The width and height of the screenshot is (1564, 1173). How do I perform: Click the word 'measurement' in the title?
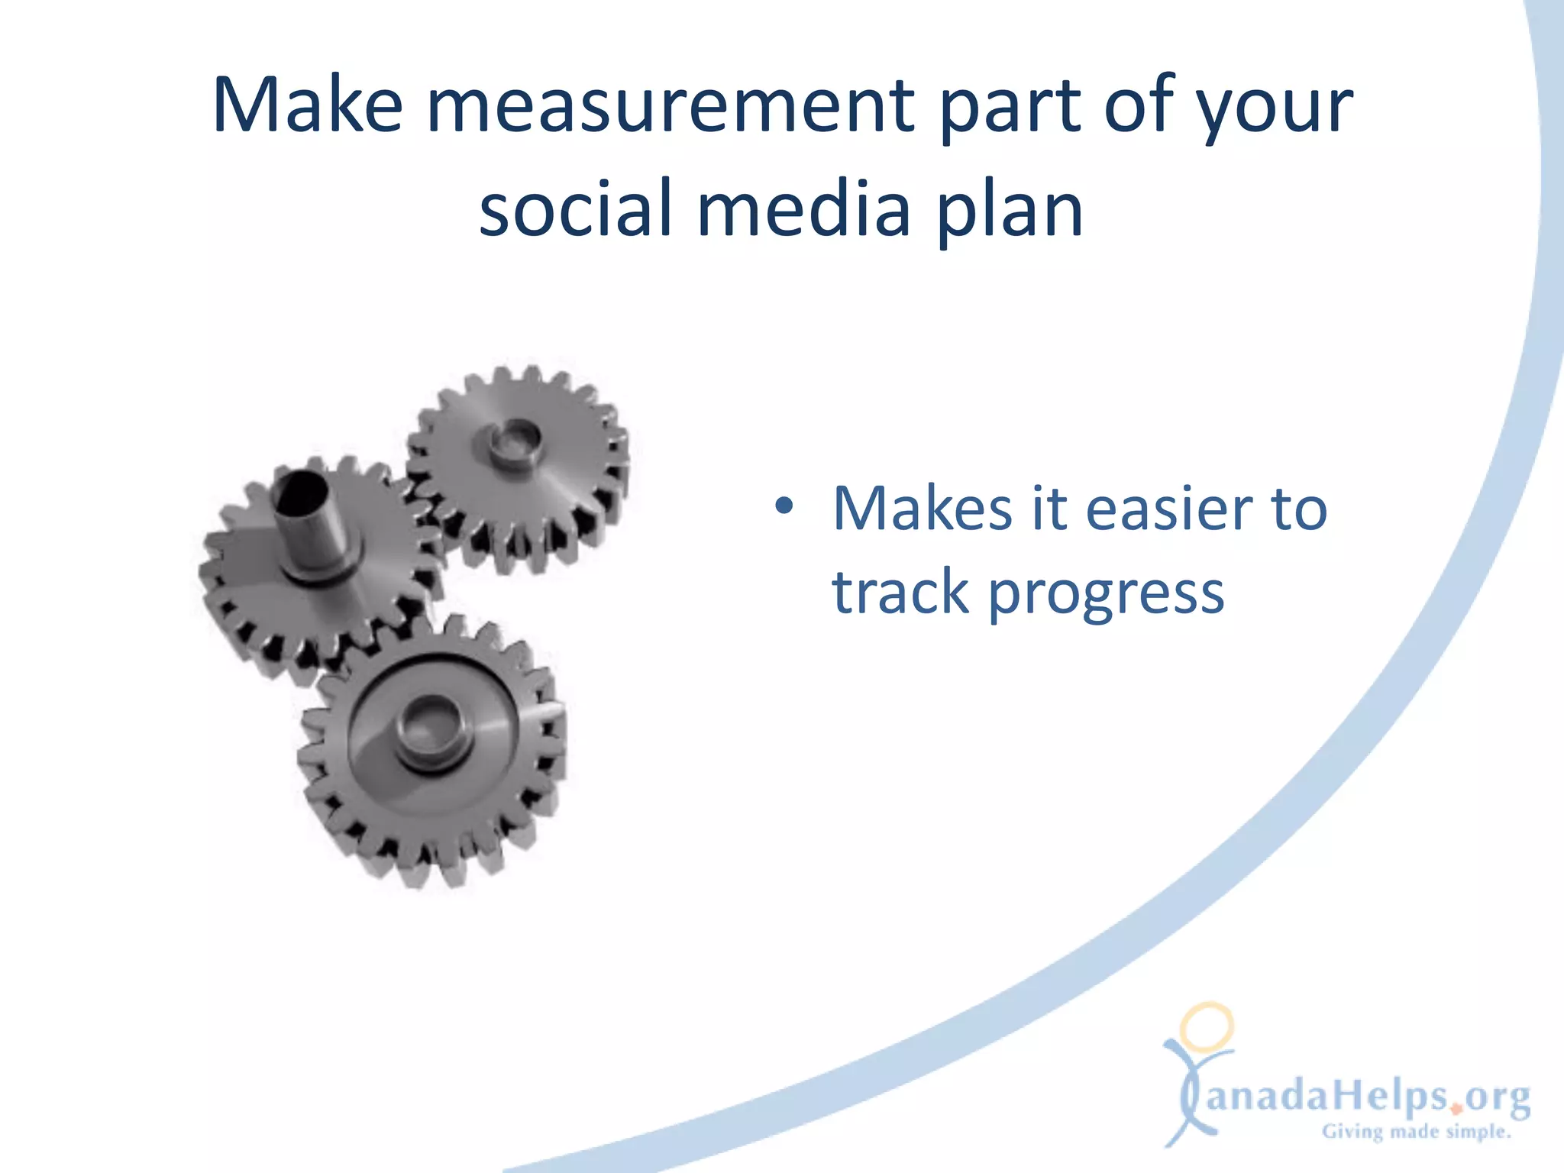(x=670, y=107)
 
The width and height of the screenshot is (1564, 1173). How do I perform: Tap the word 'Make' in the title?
(x=307, y=107)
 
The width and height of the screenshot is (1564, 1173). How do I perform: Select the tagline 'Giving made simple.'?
(x=1417, y=1131)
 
